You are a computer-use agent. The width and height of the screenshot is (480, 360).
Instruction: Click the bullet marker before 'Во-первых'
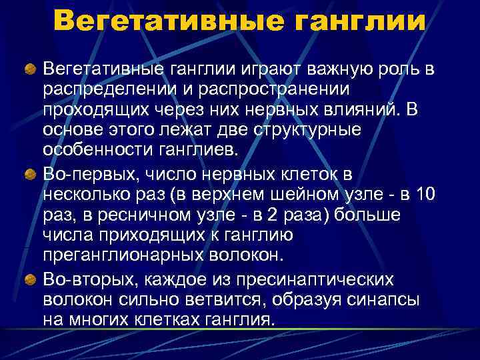(31, 174)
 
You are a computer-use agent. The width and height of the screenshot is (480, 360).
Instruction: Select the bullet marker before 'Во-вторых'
(31, 279)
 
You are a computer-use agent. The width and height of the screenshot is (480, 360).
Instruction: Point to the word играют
(259, 69)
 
